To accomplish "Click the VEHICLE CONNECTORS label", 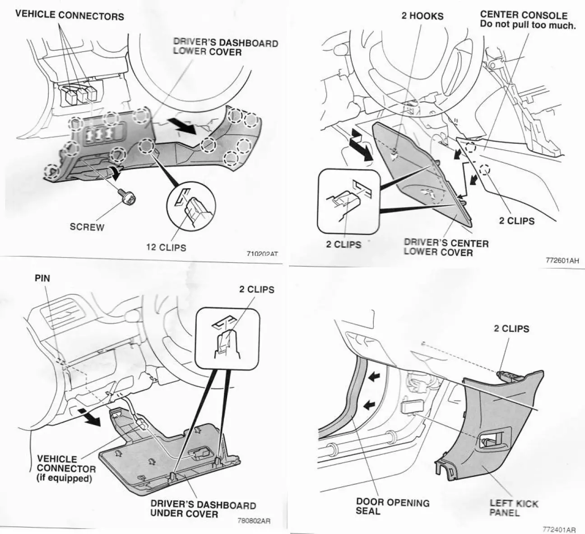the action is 70,15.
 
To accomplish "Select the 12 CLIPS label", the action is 166,247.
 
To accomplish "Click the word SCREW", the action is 87,227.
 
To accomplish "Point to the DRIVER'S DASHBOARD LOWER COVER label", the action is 226,47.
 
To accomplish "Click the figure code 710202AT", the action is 262,254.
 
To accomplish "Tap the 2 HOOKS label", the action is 422,16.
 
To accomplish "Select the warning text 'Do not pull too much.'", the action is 528,25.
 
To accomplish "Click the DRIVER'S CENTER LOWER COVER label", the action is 446,247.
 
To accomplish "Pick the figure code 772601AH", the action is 562,260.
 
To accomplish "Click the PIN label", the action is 42,278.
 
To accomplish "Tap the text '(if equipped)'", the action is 64,478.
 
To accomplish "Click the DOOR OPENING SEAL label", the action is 393,507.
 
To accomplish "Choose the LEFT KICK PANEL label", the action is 514,508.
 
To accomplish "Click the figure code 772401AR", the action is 559,529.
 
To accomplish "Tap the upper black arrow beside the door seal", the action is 374,378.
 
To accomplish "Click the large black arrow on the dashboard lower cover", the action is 182,126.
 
